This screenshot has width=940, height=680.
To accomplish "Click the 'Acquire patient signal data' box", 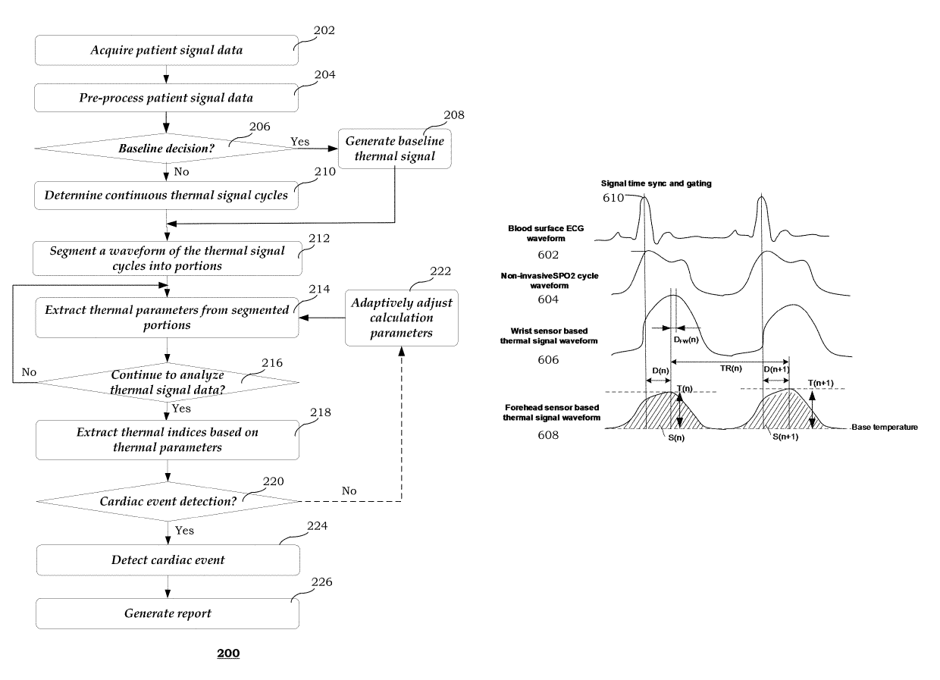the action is point(167,50).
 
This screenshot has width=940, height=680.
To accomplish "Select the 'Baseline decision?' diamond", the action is point(167,148).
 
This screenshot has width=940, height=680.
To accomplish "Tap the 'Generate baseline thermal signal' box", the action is point(395,149).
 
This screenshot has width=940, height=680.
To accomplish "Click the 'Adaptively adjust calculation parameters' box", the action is point(402,318).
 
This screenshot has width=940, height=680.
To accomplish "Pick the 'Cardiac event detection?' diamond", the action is point(168,501).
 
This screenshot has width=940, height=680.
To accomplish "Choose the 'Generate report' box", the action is point(168,613).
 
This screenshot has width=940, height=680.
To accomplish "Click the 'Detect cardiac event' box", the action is point(168,560).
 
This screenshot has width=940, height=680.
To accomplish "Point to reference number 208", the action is point(454,115).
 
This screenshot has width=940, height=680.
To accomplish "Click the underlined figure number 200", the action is point(228,653).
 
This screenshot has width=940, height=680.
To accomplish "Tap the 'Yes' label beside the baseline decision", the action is point(300,142).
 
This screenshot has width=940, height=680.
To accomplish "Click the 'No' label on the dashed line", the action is point(349,490).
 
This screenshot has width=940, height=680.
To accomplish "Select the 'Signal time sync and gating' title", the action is point(656,183).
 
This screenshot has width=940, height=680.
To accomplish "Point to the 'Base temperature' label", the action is point(885,427).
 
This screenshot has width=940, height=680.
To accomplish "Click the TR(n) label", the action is point(731,368).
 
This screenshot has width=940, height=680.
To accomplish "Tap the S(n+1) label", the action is point(785,437).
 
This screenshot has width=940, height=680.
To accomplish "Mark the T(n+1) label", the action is point(821,383).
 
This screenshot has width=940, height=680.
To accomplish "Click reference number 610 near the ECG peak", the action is point(613,198).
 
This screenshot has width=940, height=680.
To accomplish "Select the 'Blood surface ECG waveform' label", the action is point(546,233).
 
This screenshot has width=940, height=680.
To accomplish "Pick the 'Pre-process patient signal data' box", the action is point(166,98).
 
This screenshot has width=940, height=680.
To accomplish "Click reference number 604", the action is point(548,299).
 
